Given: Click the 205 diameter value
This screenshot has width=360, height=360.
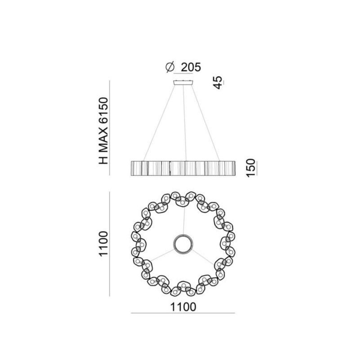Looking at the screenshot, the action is (x=191, y=67).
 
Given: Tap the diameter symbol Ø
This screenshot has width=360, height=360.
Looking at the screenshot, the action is (x=170, y=67).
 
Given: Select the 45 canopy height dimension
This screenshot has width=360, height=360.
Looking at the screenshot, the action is (x=218, y=82).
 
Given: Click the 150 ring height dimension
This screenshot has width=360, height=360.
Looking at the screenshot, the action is (x=251, y=168).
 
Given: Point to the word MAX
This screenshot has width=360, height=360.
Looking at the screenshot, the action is (x=103, y=141).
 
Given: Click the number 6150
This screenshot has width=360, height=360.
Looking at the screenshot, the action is (x=103, y=111).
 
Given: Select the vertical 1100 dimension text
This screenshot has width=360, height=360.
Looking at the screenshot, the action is (x=103, y=244).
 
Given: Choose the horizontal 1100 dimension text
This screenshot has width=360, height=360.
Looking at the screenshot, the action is (x=183, y=307).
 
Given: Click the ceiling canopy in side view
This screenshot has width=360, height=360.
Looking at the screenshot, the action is (x=183, y=82).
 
